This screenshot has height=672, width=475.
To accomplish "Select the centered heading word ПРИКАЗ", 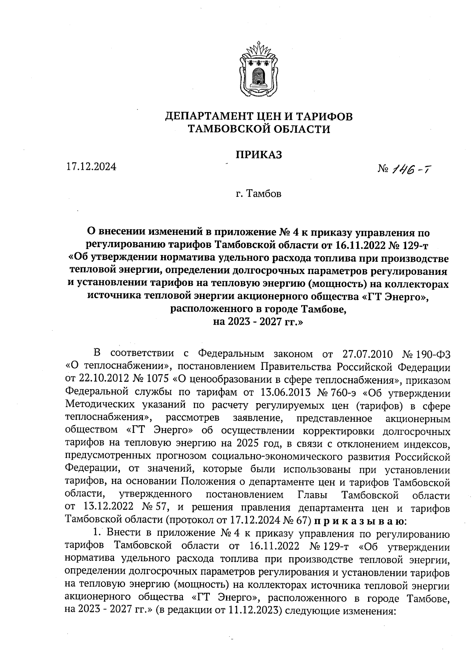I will pyautogui.click(x=258, y=154).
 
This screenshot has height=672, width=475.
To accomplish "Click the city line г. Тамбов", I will pyautogui.click(x=258, y=194).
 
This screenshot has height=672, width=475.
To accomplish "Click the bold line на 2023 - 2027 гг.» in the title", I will pyautogui.click(x=258, y=322).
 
